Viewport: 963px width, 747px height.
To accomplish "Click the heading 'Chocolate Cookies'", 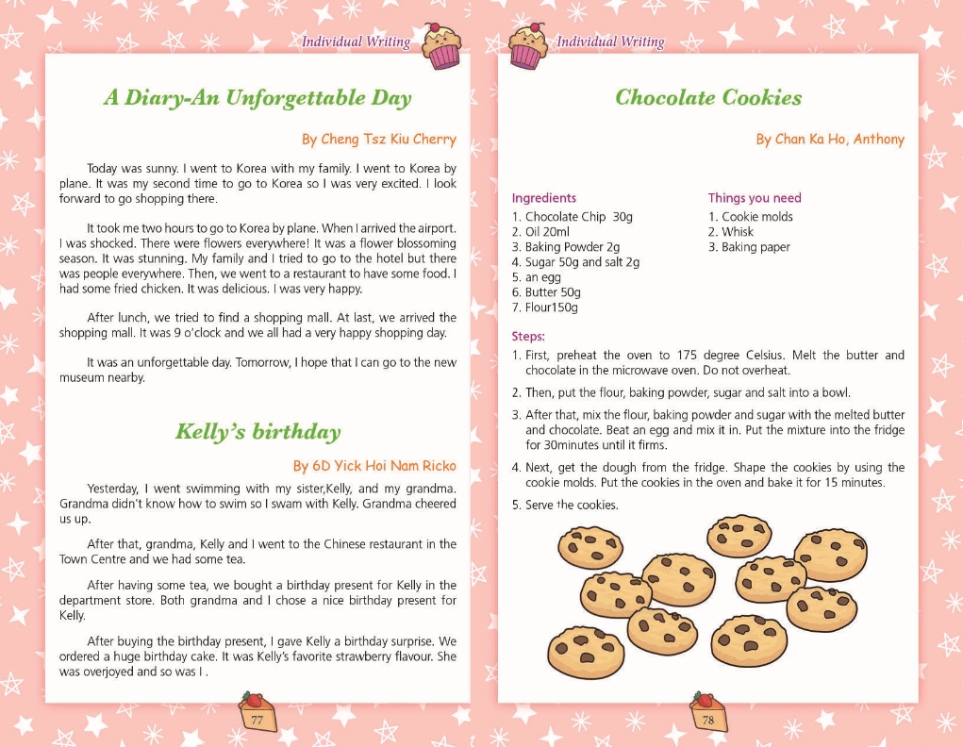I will click(707, 98).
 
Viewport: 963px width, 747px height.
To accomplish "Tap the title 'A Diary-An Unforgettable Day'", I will click(257, 98).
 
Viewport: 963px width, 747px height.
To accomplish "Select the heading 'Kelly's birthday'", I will click(257, 432).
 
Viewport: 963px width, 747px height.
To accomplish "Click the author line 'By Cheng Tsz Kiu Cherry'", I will click(378, 140).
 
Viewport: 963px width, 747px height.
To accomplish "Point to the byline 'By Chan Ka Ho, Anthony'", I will click(830, 140).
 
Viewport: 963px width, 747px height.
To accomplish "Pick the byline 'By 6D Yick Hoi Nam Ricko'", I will click(374, 466).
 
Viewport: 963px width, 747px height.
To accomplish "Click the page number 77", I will click(257, 719).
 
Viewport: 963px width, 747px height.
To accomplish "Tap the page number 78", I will click(708, 719).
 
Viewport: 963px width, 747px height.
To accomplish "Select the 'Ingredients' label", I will click(543, 198).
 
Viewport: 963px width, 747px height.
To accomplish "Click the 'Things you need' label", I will click(755, 198).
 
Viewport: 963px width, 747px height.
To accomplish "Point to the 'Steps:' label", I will click(528, 336).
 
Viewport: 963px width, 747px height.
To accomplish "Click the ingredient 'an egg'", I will click(543, 277).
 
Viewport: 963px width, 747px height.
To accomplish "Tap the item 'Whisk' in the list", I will click(738, 232).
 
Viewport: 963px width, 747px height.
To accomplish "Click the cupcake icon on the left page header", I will click(440, 45).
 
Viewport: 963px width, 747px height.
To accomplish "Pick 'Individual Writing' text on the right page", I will click(610, 41).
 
